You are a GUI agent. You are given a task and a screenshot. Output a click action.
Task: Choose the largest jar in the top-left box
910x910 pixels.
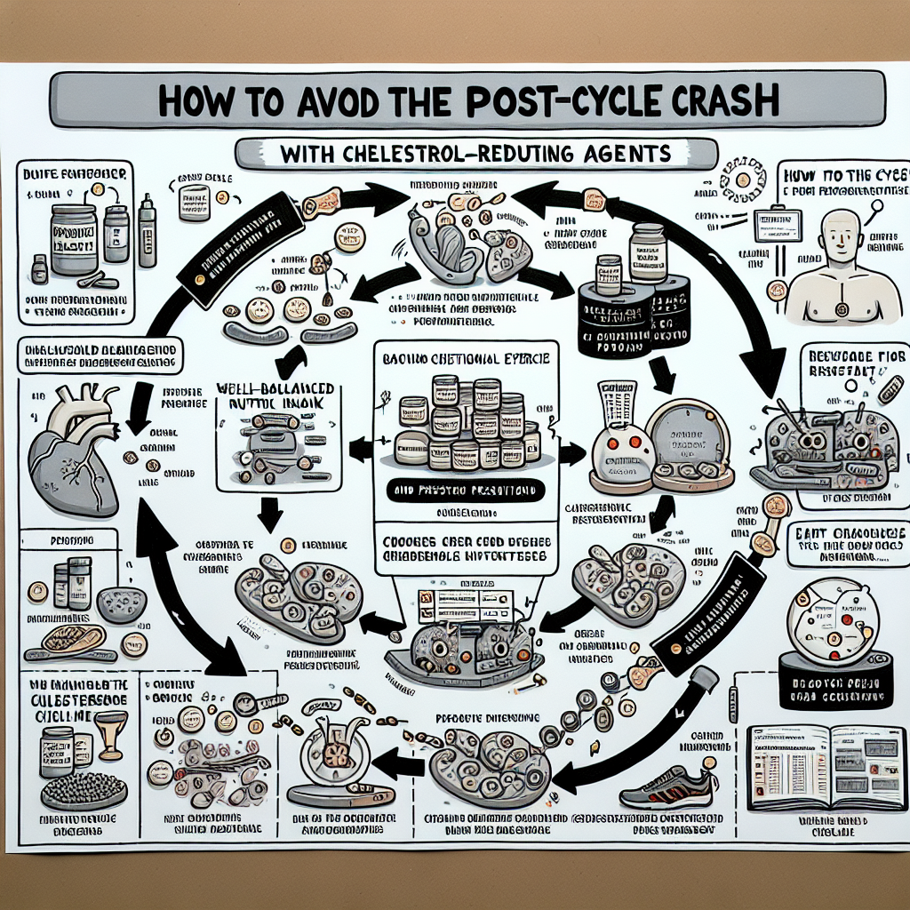click(x=72, y=238)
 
